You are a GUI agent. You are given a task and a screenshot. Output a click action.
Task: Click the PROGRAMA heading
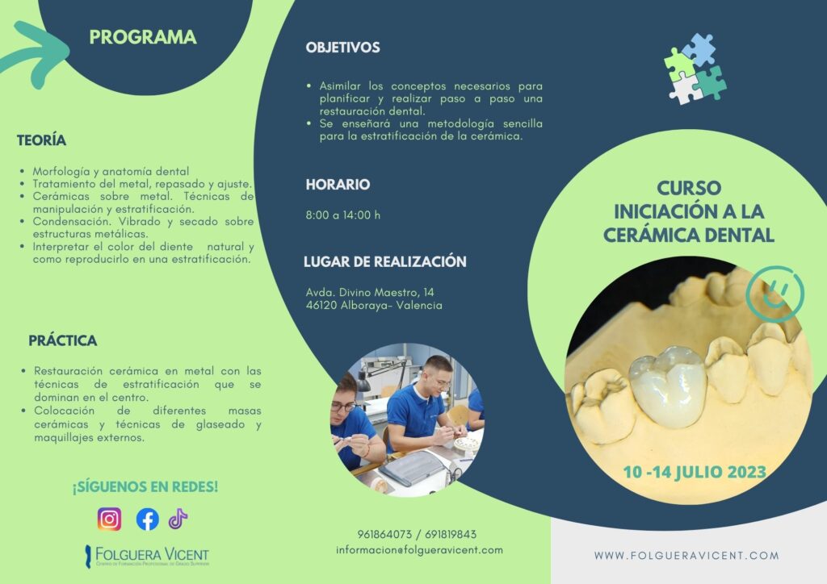143,37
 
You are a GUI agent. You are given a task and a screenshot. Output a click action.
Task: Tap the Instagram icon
109,519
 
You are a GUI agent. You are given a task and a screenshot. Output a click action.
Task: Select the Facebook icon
148,519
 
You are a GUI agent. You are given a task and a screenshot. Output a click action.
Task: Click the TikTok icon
178,519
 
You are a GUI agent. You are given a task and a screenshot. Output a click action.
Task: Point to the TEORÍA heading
42,140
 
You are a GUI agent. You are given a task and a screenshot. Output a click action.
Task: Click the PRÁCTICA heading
63,340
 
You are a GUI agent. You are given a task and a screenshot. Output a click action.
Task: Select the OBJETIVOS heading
342,48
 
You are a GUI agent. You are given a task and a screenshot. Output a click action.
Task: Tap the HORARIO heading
338,184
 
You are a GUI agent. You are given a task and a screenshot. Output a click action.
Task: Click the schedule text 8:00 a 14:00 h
342,215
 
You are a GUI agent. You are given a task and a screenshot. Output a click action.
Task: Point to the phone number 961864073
384,535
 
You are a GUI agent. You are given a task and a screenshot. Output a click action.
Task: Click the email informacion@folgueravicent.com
419,550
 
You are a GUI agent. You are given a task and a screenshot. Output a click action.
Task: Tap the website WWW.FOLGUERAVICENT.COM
686,555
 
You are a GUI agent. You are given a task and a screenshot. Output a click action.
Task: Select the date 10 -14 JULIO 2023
695,472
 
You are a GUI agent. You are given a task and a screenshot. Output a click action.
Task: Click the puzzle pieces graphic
695,69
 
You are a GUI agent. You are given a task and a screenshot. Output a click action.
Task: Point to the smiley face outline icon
775,294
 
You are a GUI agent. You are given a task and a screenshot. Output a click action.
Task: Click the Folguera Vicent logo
147,556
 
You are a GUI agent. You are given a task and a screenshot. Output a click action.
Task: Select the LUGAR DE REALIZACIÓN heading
385,261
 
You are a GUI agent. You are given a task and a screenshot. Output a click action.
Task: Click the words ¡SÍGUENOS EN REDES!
145,486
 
